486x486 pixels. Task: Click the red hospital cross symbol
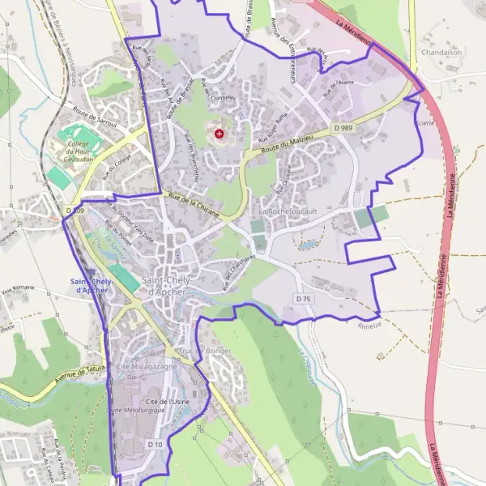219,132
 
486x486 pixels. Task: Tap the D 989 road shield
343,128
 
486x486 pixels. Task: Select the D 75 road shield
304,299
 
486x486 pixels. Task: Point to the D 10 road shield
156,445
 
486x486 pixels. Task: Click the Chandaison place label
441,51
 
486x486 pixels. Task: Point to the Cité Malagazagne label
146,367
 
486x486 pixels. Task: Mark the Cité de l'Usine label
167,401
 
